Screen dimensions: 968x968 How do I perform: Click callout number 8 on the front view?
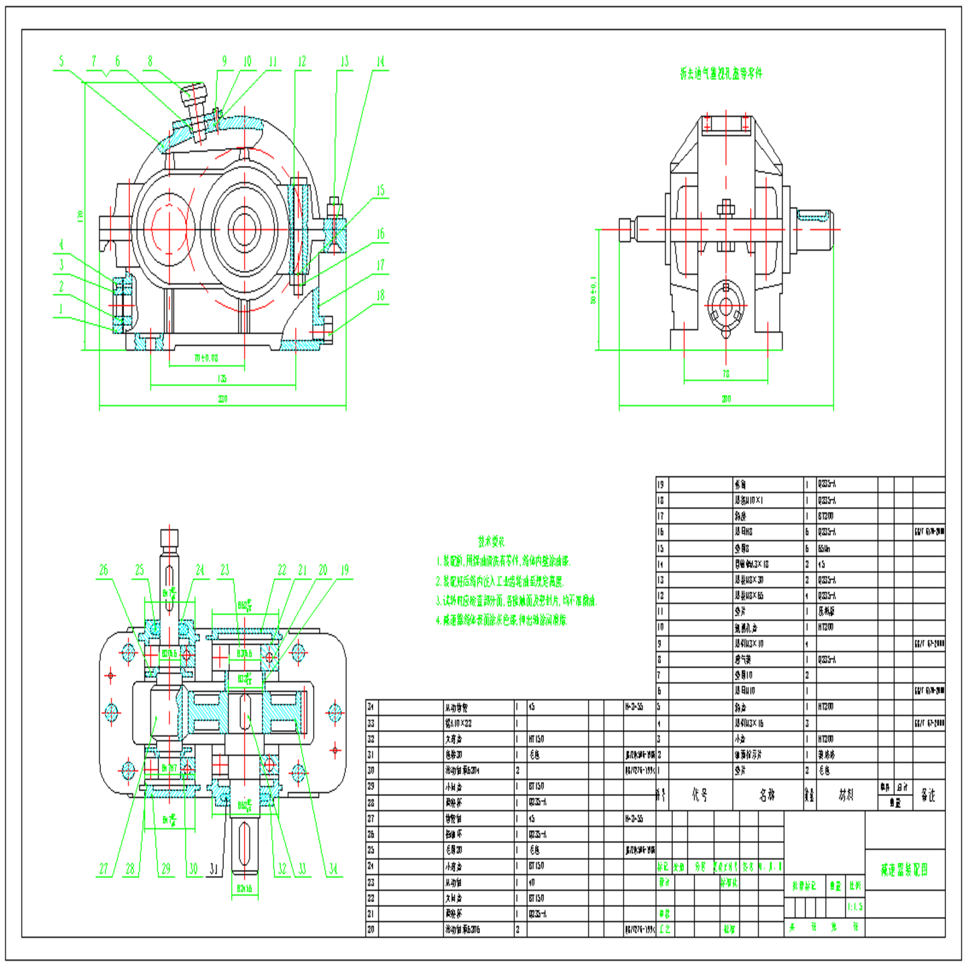[x=150, y=61]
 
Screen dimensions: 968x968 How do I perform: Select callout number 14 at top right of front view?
[x=380, y=62]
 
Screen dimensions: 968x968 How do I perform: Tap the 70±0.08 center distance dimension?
[x=206, y=358]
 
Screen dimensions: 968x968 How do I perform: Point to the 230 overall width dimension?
[x=223, y=399]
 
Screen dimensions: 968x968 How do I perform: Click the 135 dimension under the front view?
[x=223, y=379]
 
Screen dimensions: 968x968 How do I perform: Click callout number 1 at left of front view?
[x=61, y=309]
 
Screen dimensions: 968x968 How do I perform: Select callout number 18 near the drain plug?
[x=380, y=295]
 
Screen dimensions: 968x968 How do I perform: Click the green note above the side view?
[x=721, y=74]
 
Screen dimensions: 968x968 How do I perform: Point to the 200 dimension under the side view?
[x=726, y=399]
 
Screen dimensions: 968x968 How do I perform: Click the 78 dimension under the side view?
[x=726, y=374]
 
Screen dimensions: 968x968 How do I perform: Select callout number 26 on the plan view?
[x=104, y=570]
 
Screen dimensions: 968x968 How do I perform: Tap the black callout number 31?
[x=213, y=869]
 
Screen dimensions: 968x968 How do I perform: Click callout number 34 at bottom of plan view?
[x=333, y=869]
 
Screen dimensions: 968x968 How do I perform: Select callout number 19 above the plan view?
[x=345, y=570]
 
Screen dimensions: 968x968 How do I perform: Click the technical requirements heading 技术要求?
[x=491, y=541]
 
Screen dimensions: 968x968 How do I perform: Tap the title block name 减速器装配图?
[x=904, y=870]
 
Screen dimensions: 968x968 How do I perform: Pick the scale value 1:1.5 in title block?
[x=854, y=907]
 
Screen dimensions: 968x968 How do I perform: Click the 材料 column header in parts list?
[x=846, y=795]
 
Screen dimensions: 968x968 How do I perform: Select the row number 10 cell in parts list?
[x=661, y=627]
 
